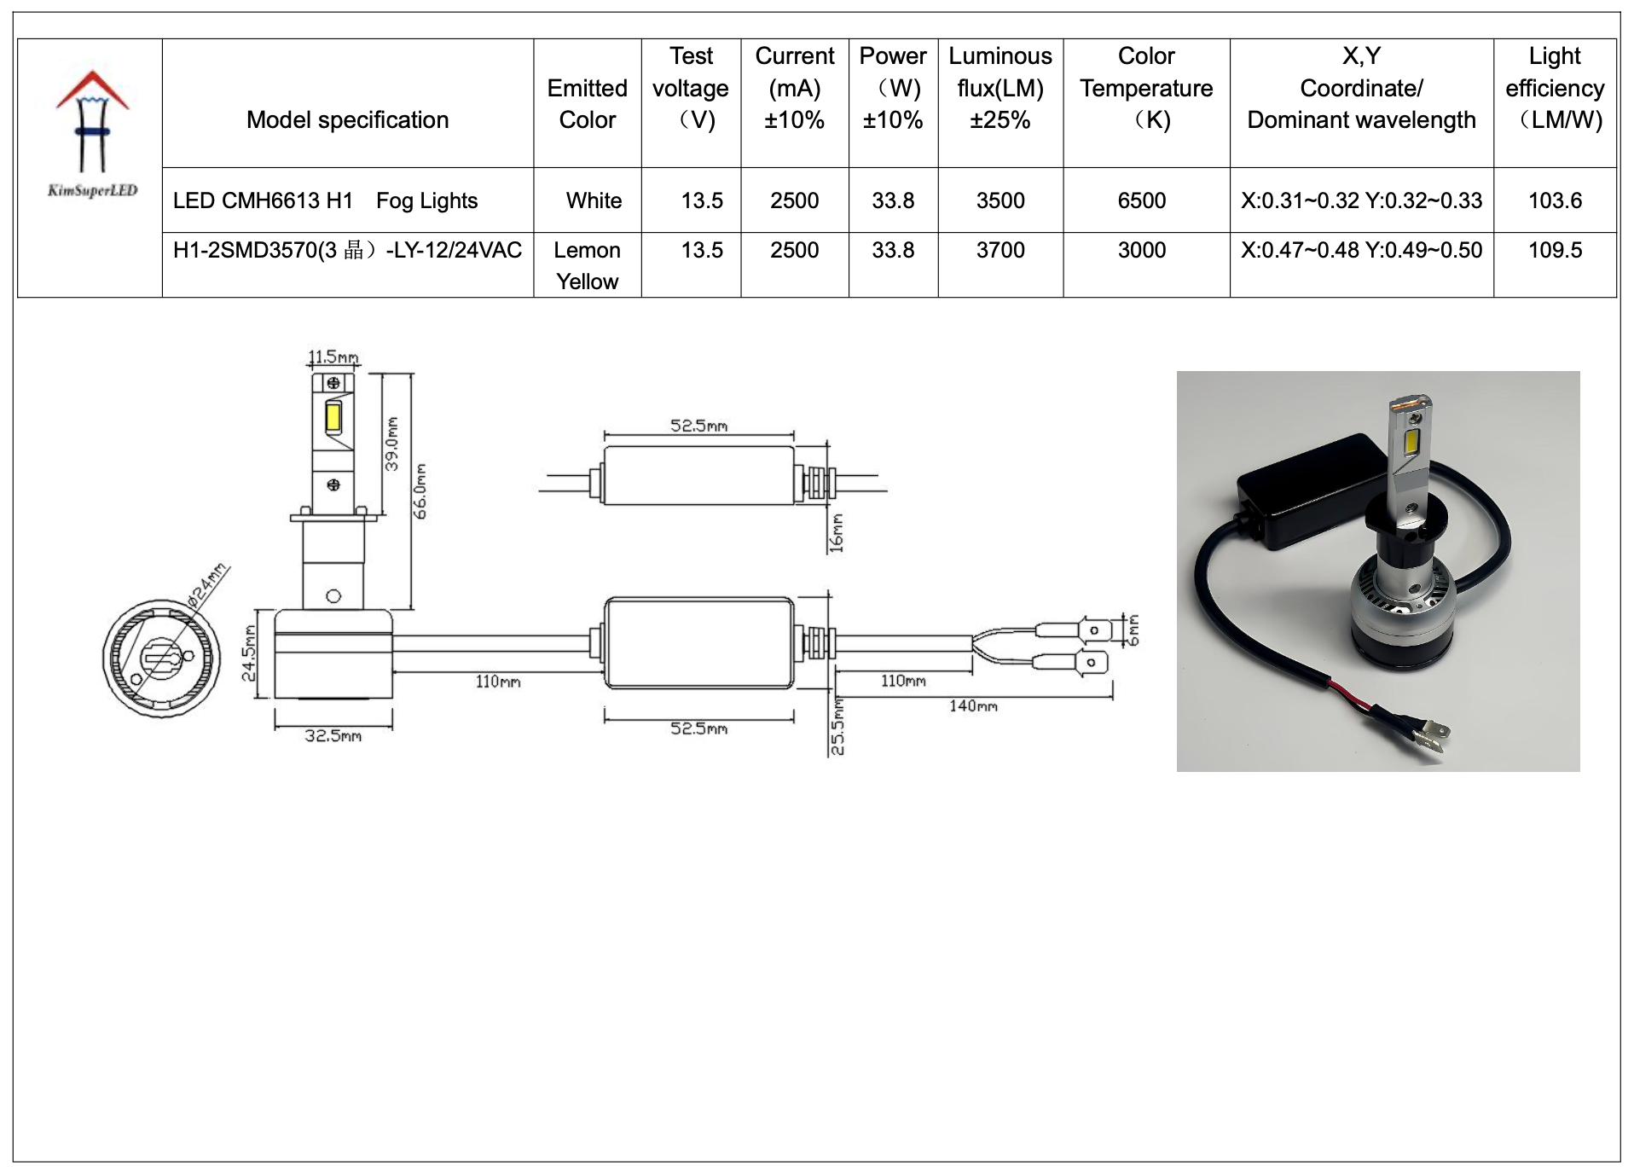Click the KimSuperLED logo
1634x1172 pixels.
[x=91, y=133]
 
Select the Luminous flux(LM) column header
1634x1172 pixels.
[x=1000, y=89]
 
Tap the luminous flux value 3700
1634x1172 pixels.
[x=1000, y=250]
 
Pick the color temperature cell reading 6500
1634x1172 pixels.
[x=1141, y=200]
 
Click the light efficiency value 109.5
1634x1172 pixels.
[x=1554, y=250]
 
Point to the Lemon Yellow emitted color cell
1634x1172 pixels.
[x=587, y=265]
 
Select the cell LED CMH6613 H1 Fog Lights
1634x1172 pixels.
[x=325, y=200]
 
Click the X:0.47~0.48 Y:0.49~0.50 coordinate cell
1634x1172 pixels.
[x=1360, y=250]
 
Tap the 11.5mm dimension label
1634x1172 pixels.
[x=333, y=357]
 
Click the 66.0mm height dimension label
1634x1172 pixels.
[x=420, y=491]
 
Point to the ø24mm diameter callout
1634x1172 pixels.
[x=207, y=584]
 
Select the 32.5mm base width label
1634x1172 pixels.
[x=333, y=736]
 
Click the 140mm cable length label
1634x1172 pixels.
[x=973, y=706]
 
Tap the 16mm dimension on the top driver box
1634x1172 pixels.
[x=837, y=532]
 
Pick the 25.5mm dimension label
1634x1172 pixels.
[x=837, y=727]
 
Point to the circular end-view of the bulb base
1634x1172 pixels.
[x=161, y=659]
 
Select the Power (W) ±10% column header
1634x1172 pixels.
[x=892, y=89]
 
